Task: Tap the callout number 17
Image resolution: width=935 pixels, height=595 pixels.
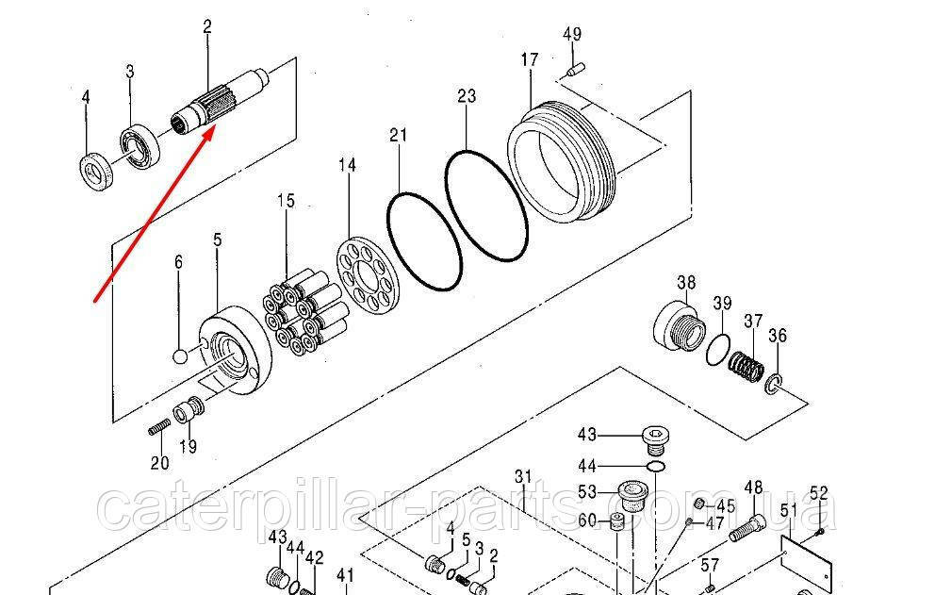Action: point(529,59)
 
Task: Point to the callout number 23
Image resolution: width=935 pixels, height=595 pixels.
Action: point(467,96)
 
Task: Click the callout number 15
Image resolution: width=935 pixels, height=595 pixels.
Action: point(286,200)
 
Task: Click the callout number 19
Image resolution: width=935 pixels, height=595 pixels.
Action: point(189,447)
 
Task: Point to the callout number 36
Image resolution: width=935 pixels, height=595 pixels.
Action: point(778,336)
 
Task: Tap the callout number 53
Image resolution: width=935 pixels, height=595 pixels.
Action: point(587,491)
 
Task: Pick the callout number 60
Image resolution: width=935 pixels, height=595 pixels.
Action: point(586,521)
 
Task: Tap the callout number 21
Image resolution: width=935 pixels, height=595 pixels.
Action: point(398,136)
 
